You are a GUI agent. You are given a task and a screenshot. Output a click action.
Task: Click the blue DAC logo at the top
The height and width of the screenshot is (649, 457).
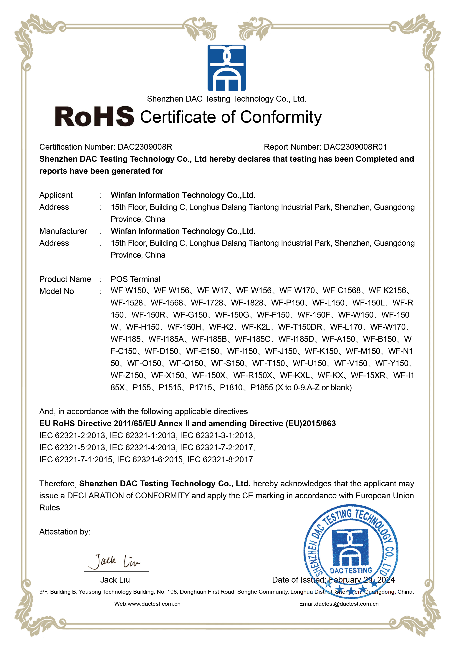click(x=226, y=68)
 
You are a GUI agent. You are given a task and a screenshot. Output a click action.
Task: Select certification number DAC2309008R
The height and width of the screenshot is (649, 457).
click(x=145, y=147)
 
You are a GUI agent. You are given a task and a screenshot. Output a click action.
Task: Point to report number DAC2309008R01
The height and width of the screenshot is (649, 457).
click(x=355, y=147)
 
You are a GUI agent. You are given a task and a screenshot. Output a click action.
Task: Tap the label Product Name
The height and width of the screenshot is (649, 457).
click(x=65, y=279)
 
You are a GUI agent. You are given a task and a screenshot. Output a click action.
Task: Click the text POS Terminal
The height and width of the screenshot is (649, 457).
click(x=135, y=279)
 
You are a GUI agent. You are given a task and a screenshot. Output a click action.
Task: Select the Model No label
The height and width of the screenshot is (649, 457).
click(x=57, y=291)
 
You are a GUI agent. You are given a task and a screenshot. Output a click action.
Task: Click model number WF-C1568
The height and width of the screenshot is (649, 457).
click(x=342, y=291)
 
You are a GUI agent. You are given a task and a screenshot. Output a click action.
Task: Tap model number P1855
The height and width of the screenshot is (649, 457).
click(x=262, y=388)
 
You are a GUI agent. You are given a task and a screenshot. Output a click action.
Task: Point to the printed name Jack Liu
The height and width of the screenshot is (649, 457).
click(x=115, y=580)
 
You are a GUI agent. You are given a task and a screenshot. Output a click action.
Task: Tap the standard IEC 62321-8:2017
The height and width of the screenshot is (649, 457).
click(x=220, y=460)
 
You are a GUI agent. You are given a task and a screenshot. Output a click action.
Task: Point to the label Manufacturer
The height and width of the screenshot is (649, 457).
click(x=63, y=231)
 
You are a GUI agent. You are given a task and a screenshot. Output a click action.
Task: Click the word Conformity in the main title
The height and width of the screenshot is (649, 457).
click(x=281, y=117)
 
